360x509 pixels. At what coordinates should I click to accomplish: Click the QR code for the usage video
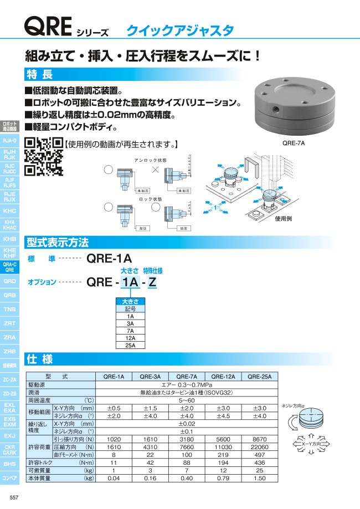point(44,156)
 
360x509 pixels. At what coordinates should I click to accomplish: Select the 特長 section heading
point(40,74)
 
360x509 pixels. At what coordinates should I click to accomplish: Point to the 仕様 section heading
point(40,359)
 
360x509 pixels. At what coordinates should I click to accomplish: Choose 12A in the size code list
point(130,337)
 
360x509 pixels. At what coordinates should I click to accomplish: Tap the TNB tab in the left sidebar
point(10,309)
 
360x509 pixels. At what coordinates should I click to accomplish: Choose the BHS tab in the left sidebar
point(10,463)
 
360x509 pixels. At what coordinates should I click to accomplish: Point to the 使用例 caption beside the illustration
point(284,219)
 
